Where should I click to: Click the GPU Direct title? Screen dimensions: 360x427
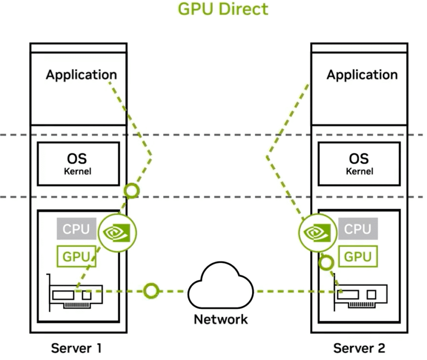[223, 9]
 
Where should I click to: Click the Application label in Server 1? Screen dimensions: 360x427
[81, 75]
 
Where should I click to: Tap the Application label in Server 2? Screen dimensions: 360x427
[362, 75]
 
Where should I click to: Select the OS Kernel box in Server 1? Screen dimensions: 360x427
[78, 164]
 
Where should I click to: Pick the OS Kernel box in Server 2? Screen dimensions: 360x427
[359, 164]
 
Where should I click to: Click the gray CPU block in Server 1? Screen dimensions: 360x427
[76, 229]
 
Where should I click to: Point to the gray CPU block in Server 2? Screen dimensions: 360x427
[358, 229]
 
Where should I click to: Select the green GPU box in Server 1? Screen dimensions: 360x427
[76, 256]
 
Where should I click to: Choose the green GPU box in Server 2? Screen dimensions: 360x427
[358, 256]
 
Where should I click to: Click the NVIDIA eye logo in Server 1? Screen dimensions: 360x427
[117, 232]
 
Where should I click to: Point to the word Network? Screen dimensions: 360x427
[221, 320]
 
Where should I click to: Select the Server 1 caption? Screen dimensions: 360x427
[76, 348]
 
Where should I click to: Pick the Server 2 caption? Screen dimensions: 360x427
[359, 348]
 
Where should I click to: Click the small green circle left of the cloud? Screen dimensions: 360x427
[151, 291]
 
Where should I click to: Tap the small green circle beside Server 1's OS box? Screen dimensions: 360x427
[132, 191]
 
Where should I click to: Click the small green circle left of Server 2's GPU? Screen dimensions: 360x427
[326, 263]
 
